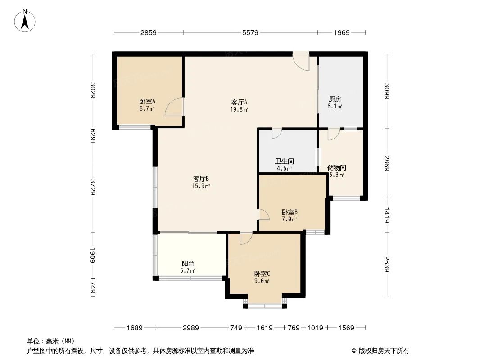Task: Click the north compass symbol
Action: coord(26,20)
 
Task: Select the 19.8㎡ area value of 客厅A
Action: coord(239,109)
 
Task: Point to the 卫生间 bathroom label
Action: coord(284,161)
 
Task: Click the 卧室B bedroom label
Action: coord(290,212)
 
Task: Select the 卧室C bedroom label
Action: coord(262,274)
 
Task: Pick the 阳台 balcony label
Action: coord(188,264)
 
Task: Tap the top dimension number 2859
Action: coord(149,32)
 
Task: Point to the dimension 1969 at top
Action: coord(342,32)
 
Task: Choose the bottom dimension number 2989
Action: coord(191,328)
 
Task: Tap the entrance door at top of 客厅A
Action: coord(301,61)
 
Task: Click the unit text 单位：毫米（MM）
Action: coord(50,341)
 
